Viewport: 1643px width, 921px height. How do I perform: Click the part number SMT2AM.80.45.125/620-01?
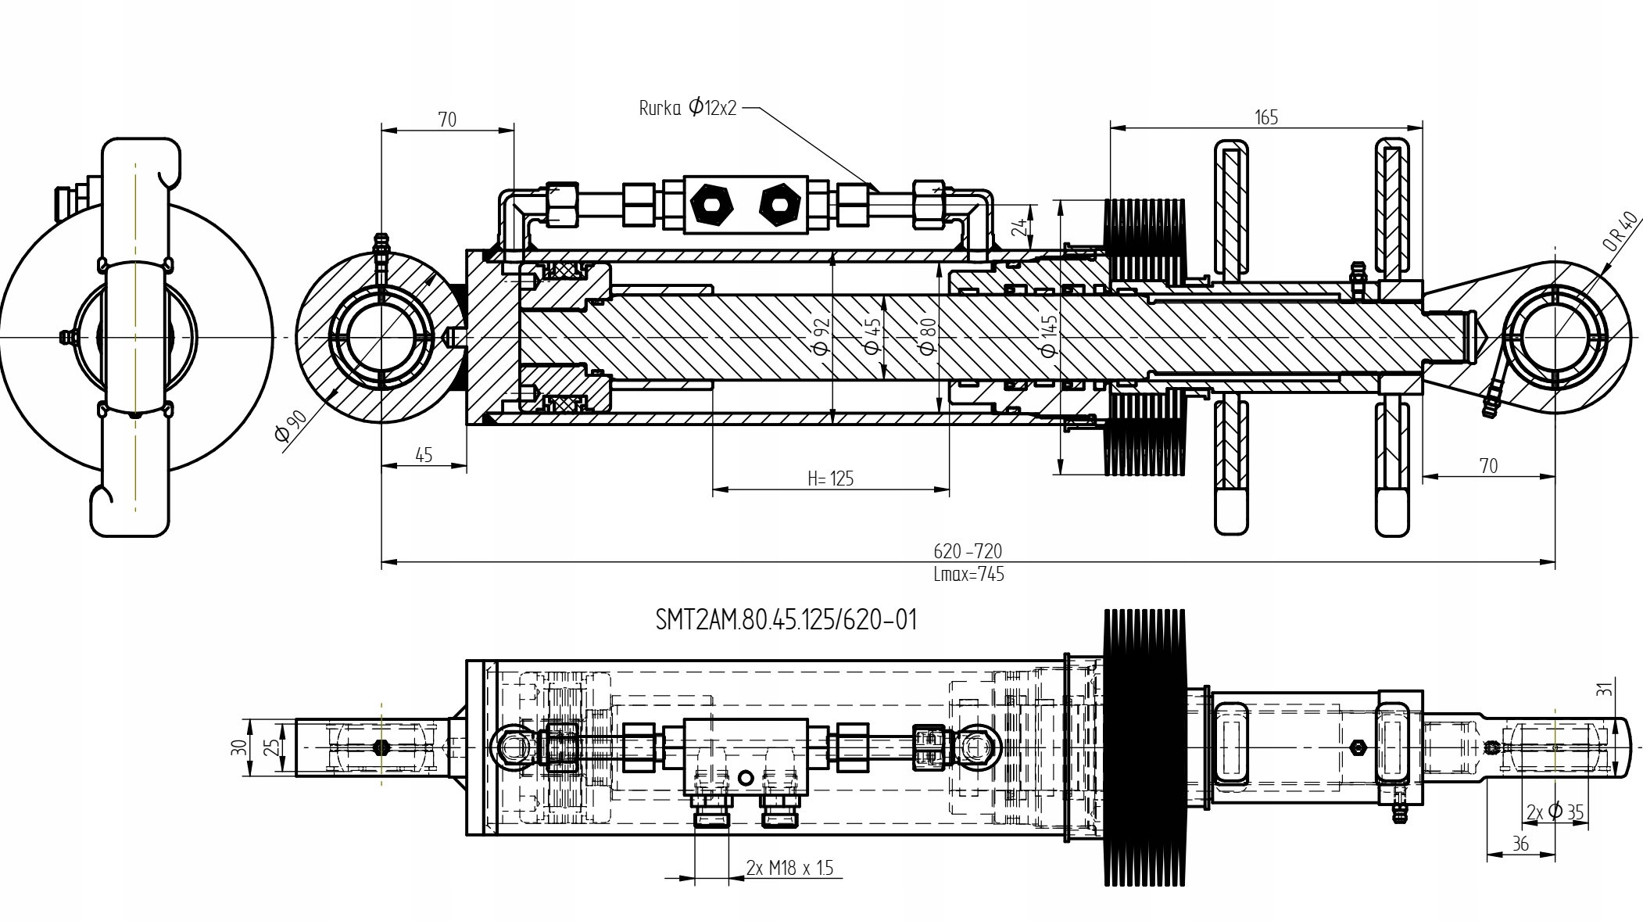[x=786, y=621]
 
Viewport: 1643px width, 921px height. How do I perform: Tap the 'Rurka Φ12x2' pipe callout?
[x=688, y=108]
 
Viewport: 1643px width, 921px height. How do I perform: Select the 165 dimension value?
[x=1265, y=117]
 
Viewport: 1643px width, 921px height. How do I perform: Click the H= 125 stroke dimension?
[x=830, y=478]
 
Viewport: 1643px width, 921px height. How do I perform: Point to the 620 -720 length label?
[x=967, y=551]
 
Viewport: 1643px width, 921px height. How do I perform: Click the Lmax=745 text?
[x=968, y=575]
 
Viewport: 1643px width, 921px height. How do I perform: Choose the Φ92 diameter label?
[x=821, y=336]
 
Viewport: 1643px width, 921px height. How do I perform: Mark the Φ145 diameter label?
[x=1049, y=335]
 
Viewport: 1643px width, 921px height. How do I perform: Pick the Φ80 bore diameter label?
[x=928, y=335]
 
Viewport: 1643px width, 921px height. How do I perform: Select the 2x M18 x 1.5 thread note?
[x=789, y=868]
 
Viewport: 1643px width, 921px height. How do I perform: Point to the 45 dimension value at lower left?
[x=423, y=455]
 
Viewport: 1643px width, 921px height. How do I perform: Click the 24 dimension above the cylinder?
[x=1019, y=227]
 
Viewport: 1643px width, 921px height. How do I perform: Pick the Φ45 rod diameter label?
[x=874, y=335]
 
